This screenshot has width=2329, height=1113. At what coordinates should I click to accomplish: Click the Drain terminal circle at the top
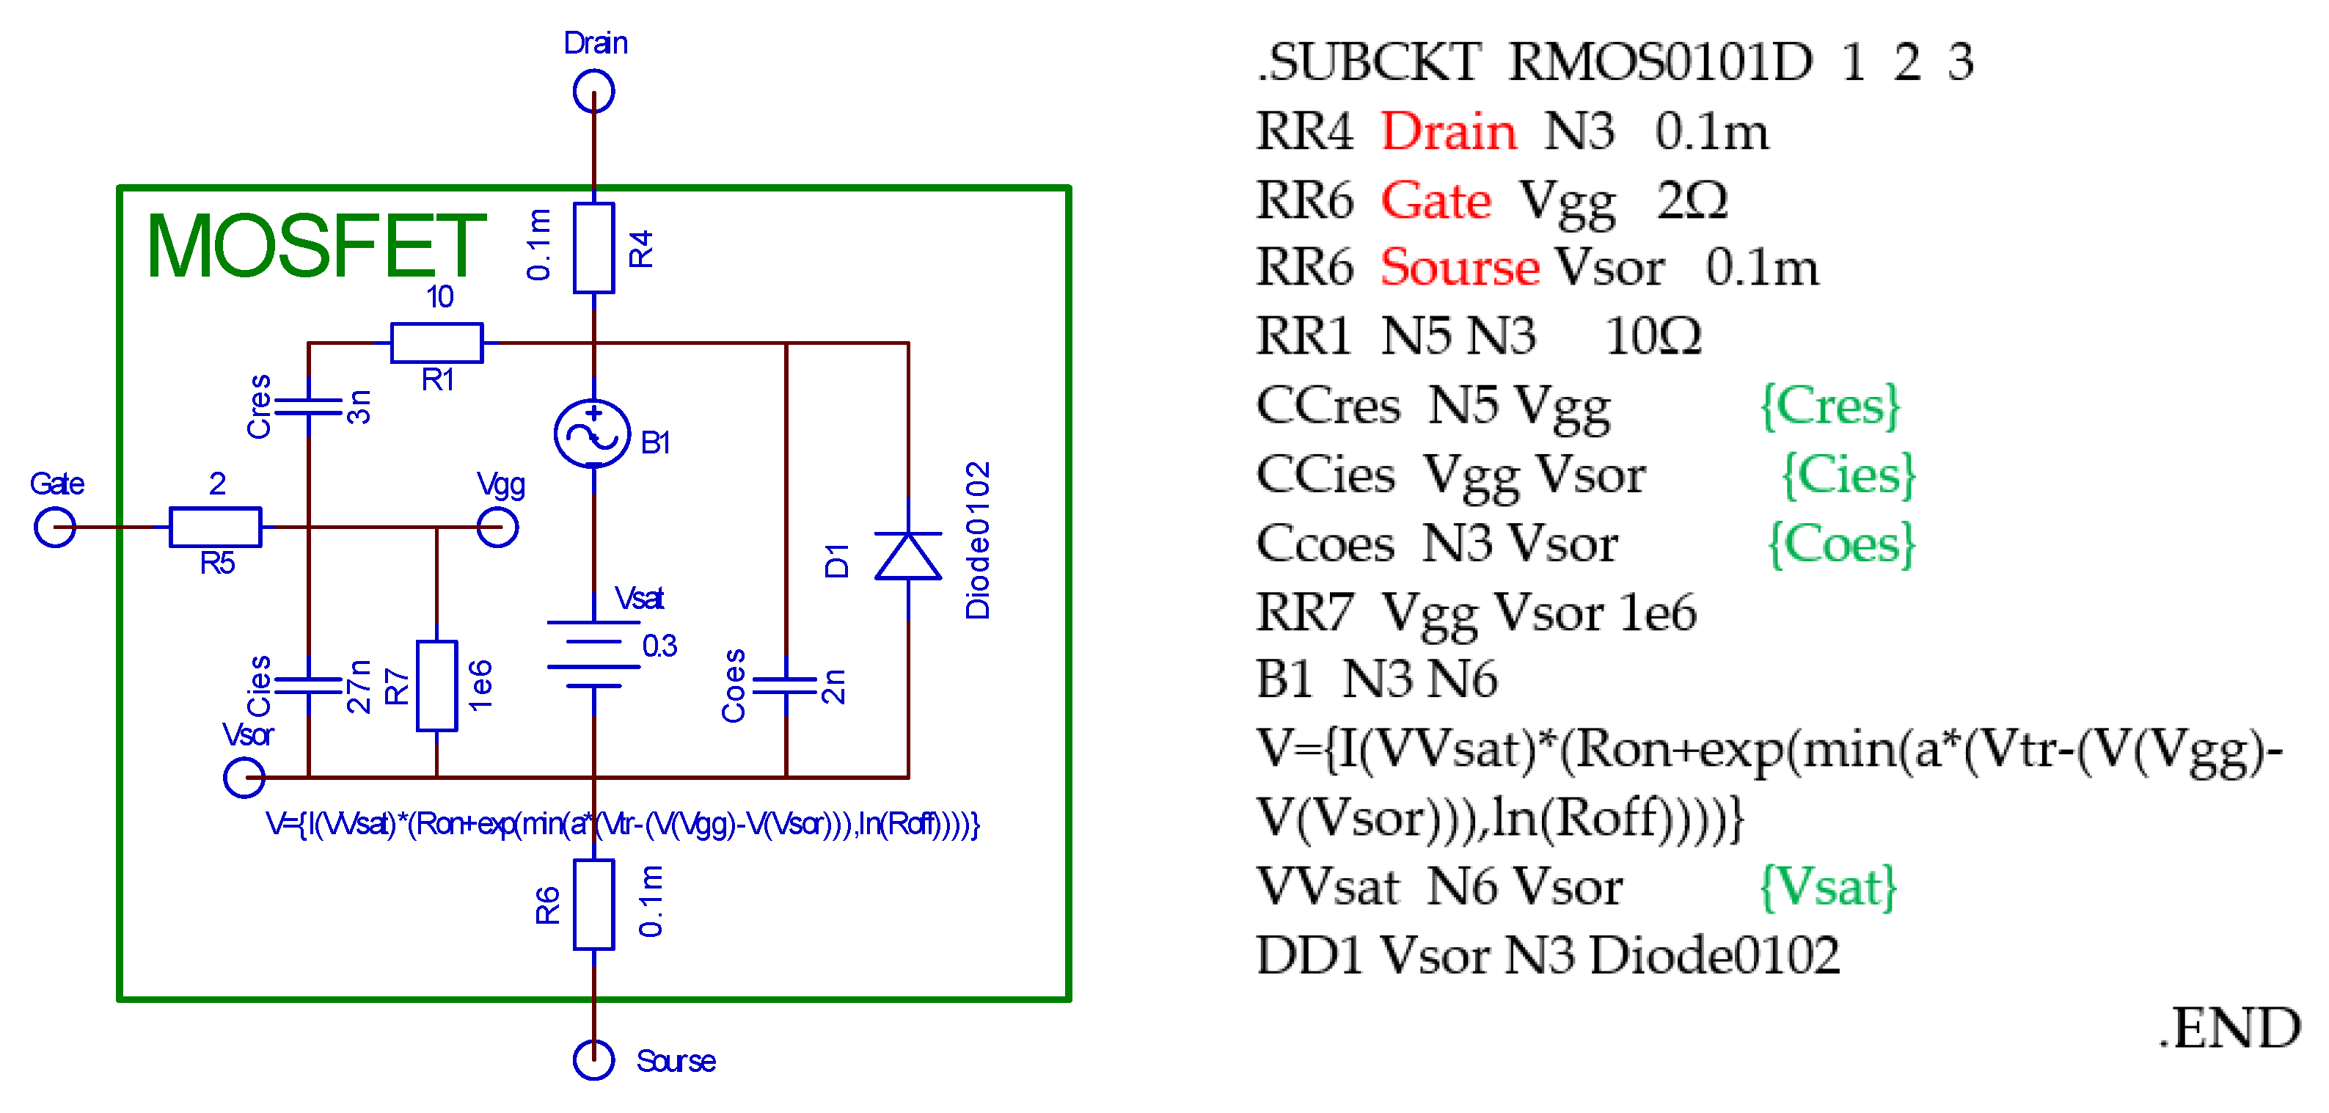593,91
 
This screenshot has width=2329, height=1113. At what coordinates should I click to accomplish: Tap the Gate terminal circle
54,526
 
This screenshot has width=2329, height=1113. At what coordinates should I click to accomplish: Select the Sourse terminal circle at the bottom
593,1059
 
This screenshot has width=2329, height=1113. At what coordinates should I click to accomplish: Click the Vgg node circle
497,526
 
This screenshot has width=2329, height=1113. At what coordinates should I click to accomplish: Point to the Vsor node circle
244,777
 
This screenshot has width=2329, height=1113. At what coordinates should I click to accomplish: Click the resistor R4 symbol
593,248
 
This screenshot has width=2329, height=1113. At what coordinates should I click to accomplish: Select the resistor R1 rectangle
436,343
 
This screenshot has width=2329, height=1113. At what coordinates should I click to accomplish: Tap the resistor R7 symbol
436,685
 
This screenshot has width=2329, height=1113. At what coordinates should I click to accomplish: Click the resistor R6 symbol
593,904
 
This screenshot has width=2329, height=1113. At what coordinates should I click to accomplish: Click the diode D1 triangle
907,555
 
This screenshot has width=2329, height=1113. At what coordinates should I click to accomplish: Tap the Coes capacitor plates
786,685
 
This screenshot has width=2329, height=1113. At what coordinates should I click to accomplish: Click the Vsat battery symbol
593,654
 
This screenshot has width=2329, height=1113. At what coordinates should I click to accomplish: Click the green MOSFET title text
315,246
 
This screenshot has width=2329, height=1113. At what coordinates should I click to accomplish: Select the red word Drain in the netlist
1449,132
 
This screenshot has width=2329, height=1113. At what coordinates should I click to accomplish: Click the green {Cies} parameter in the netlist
1847,475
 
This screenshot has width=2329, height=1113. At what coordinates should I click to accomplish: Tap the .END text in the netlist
2229,1028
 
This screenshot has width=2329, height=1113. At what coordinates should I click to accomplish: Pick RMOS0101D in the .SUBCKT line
1660,62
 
